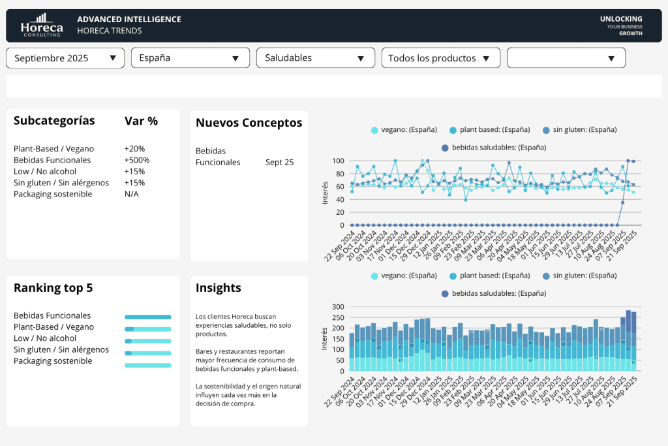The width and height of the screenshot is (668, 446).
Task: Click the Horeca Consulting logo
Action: [x=41, y=25]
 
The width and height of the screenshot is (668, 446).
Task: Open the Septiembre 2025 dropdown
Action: [x=65, y=58]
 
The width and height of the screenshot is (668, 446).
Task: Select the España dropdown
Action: [x=190, y=58]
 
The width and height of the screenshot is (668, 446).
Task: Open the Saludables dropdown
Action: [x=315, y=58]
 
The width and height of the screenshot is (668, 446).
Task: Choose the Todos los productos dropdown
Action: [x=440, y=58]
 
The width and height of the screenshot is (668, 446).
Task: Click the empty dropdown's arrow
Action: [x=611, y=58]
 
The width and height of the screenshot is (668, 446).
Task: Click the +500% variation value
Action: [x=137, y=160]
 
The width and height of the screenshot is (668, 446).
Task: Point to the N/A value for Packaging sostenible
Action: [x=131, y=194]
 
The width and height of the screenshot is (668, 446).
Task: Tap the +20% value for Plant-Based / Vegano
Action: [x=134, y=149]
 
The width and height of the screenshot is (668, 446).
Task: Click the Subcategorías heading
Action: [x=54, y=121]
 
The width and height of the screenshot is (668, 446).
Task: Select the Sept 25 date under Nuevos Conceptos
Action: [x=279, y=162]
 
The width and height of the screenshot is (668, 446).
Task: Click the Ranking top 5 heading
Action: [x=53, y=288]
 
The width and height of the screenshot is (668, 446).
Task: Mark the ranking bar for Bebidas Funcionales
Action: [x=148, y=317]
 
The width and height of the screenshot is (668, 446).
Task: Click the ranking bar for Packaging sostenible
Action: [x=148, y=365]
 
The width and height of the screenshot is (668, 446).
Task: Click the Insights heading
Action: [x=218, y=288]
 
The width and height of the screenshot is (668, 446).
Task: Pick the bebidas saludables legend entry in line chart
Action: [x=493, y=148]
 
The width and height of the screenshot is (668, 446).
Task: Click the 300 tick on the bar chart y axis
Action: [x=337, y=306]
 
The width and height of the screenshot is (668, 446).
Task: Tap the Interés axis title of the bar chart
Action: [x=324, y=338]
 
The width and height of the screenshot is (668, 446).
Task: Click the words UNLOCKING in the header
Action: [x=621, y=19]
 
